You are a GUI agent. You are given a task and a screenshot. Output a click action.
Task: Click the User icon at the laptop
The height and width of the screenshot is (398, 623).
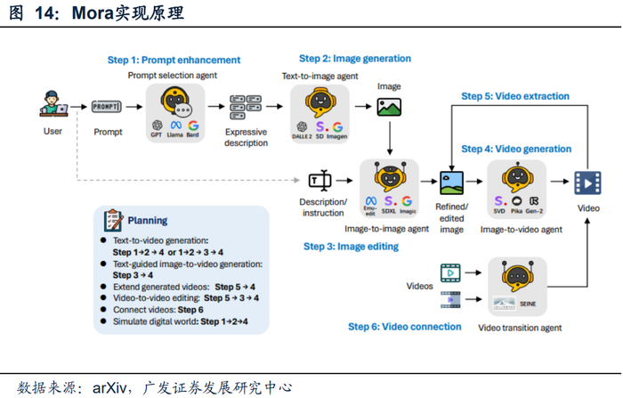[53, 105]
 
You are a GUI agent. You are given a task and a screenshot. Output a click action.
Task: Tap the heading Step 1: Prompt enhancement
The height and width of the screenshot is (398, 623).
[174, 61]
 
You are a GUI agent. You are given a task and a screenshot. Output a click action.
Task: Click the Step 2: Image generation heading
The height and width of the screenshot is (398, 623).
[355, 59]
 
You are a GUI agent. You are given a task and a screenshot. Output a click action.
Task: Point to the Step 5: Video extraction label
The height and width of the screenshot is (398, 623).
[515, 96]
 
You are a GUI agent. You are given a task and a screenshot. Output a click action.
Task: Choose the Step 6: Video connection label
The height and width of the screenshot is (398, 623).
[404, 327]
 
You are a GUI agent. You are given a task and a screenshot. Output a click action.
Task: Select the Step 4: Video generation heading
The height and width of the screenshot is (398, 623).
[515, 149]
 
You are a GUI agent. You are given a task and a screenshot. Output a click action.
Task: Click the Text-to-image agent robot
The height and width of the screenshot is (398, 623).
[320, 102]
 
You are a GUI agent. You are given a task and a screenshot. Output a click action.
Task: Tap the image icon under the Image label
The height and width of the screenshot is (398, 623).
[389, 107]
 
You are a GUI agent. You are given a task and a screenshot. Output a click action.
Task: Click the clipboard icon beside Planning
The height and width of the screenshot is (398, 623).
[113, 220]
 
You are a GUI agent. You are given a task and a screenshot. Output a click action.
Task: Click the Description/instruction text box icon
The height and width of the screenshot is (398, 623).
[320, 182]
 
